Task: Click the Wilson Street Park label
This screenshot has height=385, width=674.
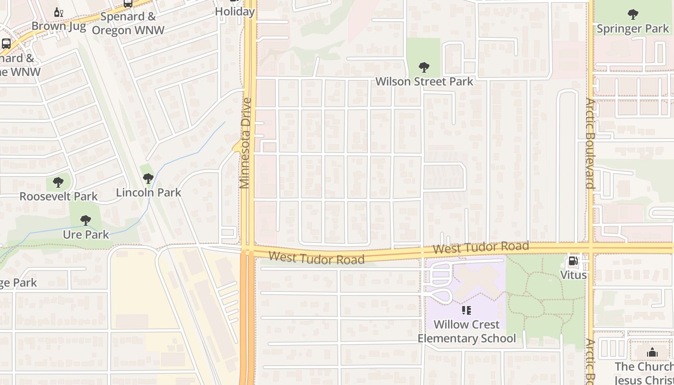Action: (x=424, y=81)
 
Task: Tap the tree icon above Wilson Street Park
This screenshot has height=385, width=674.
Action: (x=424, y=67)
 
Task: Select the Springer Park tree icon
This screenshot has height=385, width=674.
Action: (x=633, y=14)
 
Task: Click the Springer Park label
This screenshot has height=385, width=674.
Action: (x=633, y=29)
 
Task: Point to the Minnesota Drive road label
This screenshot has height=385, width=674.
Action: (x=246, y=143)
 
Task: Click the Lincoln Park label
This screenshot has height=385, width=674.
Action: (x=148, y=192)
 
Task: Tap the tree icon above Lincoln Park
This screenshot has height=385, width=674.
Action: (x=148, y=179)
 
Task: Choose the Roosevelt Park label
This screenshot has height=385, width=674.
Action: (x=58, y=196)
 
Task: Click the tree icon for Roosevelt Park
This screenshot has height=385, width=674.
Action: (x=58, y=182)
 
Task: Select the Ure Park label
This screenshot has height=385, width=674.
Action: (x=86, y=235)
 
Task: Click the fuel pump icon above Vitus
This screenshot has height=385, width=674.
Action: (x=573, y=261)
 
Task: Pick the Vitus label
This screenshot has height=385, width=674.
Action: (x=573, y=275)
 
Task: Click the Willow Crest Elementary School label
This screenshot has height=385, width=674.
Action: (x=467, y=332)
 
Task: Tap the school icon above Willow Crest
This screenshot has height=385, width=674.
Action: (x=467, y=310)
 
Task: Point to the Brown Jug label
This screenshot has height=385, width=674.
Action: (x=59, y=26)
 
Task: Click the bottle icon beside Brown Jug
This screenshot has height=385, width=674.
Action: (x=59, y=13)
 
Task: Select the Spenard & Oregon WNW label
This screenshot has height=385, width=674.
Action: (x=128, y=23)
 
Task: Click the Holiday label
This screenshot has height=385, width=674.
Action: (x=234, y=12)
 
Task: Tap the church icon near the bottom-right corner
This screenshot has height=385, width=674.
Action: (x=652, y=353)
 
